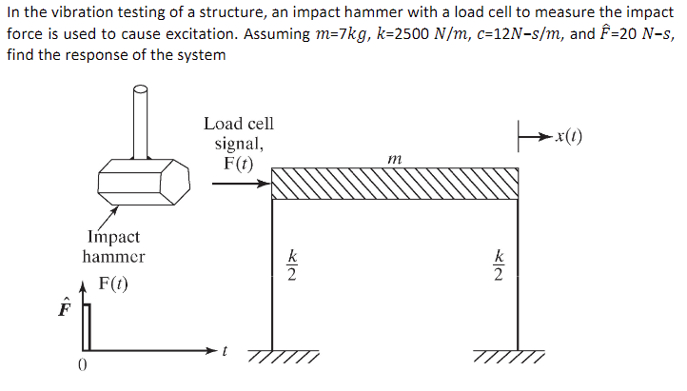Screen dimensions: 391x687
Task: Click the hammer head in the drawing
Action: coord(140,180)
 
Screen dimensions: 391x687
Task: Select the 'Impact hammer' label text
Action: coord(113,246)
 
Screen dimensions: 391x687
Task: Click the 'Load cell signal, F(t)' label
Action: coord(238,143)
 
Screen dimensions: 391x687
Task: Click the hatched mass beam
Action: coord(395,184)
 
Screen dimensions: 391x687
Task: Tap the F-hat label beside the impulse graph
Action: coord(65,310)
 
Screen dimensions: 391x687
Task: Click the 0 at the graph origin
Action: coord(84,364)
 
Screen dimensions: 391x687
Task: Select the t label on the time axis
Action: coord(224,351)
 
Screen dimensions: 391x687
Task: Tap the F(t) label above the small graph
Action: coord(112,284)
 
